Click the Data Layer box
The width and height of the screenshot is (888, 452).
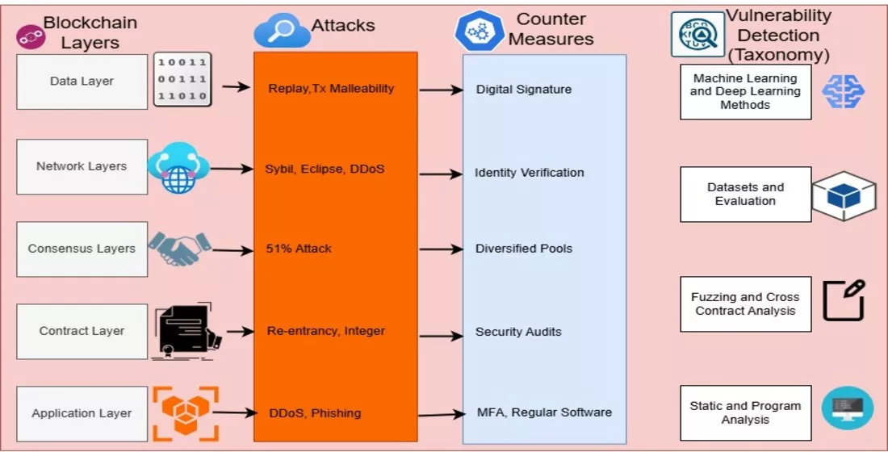tap(82, 82)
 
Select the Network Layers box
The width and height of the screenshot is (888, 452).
tap(82, 166)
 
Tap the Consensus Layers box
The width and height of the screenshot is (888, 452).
tap(82, 249)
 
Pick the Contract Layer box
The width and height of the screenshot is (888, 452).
tap(82, 331)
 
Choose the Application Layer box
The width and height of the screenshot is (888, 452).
tap(82, 413)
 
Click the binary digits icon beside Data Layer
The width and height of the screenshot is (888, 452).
tap(182, 81)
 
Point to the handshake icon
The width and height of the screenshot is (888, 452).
tap(179, 249)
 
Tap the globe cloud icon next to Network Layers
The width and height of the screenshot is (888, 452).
tap(178, 168)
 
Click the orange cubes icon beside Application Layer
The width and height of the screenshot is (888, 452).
tap(186, 412)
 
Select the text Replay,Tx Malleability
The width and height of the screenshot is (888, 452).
tap(331, 88)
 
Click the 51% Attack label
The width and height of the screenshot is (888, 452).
tap(299, 249)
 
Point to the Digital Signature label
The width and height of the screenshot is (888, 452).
tap(523, 90)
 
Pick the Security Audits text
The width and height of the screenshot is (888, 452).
tap(518, 332)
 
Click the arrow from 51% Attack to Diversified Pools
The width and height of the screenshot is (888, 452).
tap(441, 249)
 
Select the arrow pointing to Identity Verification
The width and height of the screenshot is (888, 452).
tap(441, 173)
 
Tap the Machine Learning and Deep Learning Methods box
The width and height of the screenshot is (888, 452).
tap(745, 92)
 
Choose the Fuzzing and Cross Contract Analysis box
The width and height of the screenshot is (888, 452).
tap(745, 304)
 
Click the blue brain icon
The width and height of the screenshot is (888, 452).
tap(843, 91)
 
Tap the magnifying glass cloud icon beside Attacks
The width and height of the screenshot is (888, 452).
tap(282, 31)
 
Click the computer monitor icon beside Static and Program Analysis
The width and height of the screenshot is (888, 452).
tap(847, 408)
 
